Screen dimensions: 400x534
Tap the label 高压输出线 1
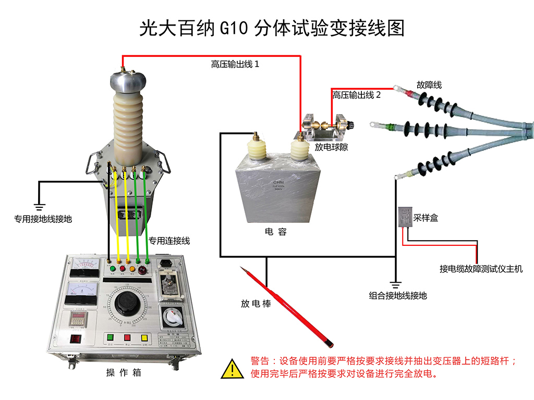235,64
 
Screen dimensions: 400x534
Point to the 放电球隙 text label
331,147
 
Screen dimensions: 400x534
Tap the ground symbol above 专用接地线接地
39,205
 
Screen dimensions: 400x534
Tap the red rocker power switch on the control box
76,339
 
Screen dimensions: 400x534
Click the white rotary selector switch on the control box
171,316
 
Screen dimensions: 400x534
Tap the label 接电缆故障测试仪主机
480,269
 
